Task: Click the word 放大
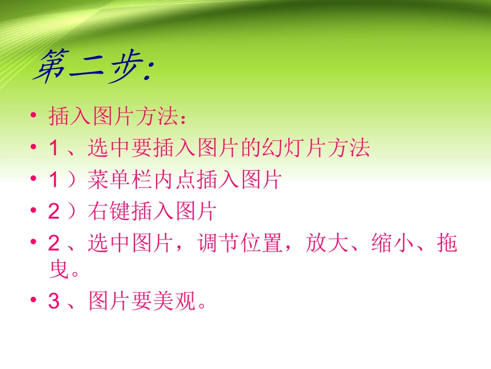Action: coord(327,243)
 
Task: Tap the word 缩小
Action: coord(392,243)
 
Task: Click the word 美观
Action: coord(176,301)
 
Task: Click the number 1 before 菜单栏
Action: coord(54,181)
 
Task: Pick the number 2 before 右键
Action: coord(54,212)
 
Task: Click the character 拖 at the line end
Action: coord(447,243)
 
